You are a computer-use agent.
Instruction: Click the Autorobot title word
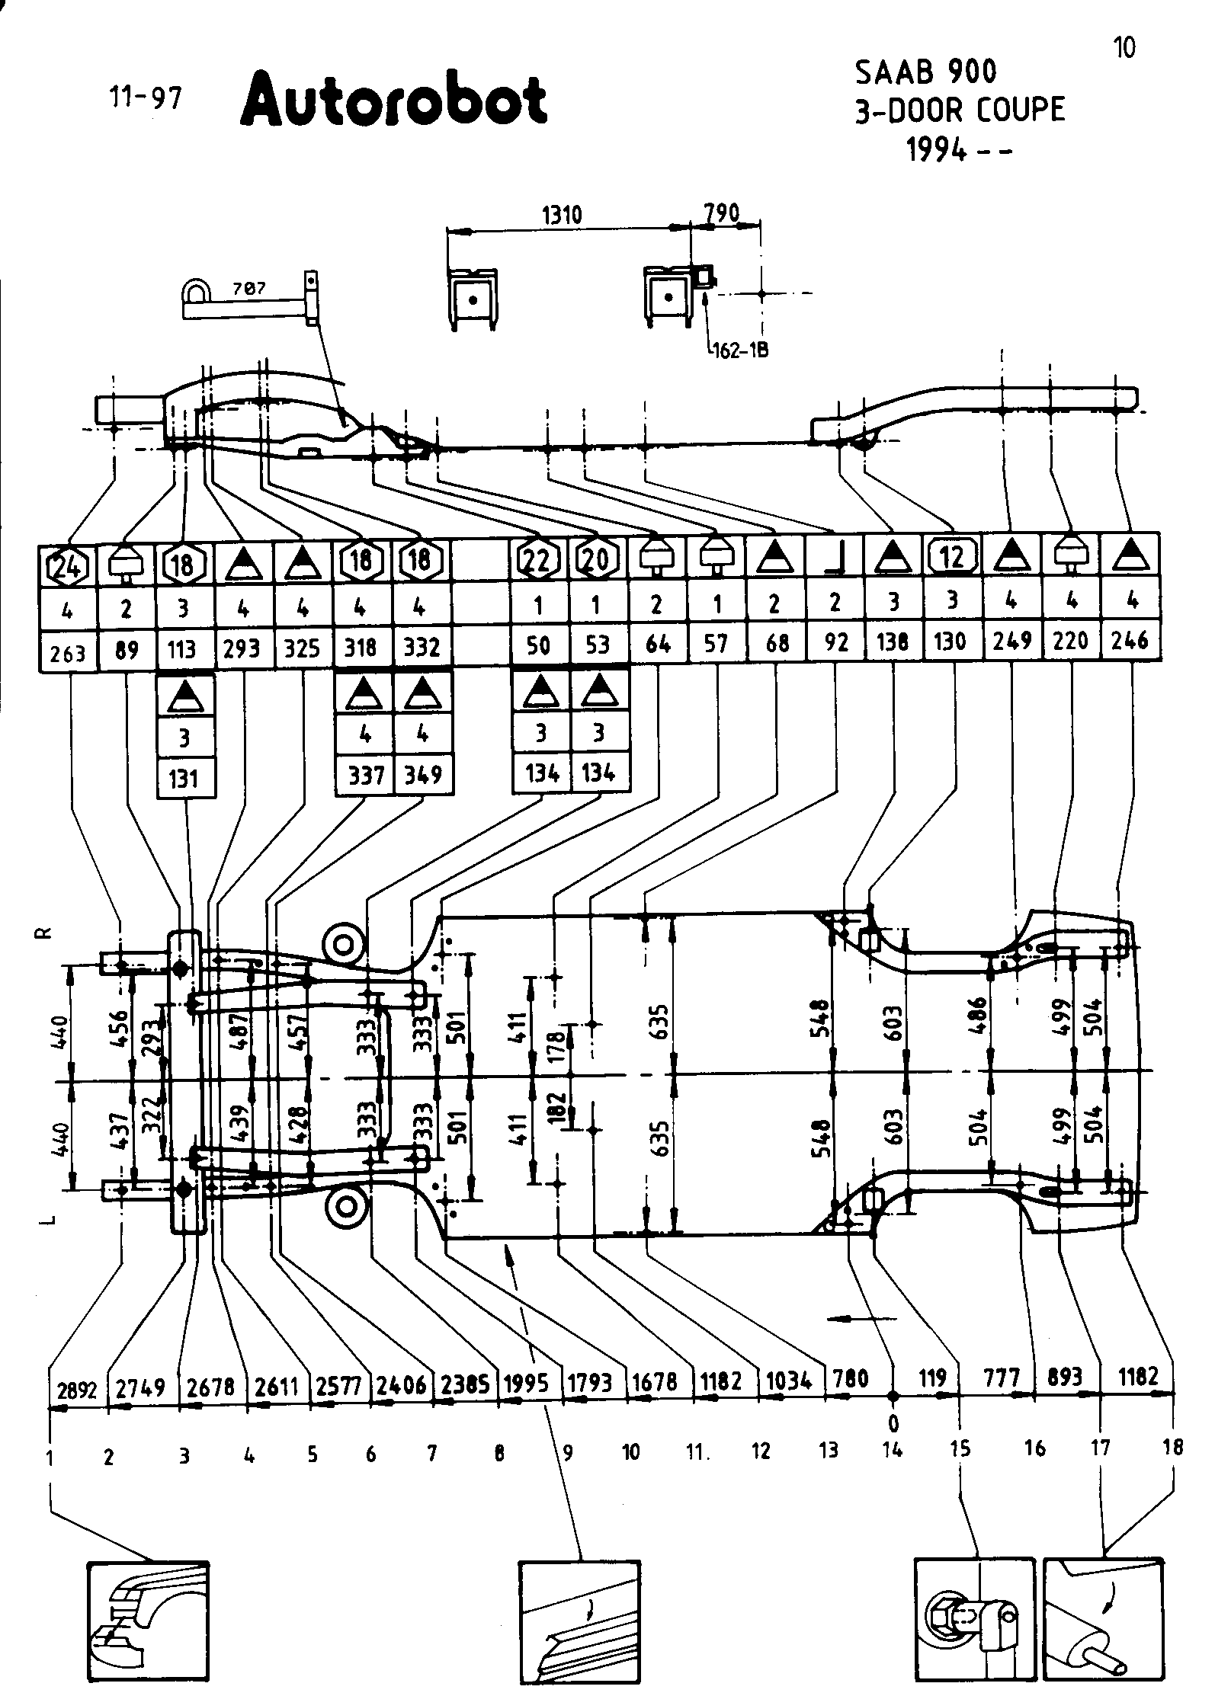[x=393, y=99]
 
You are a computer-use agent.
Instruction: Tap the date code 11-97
[x=146, y=98]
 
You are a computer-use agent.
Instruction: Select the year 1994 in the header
[x=936, y=151]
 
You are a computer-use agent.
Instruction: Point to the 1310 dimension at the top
[x=562, y=216]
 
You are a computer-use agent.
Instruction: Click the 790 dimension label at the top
[x=721, y=213]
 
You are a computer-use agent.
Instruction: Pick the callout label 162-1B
[x=740, y=351]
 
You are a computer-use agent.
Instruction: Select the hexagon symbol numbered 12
[x=953, y=558]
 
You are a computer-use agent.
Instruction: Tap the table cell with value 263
[x=68, y=653]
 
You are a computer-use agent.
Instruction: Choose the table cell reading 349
[x=423, y=775]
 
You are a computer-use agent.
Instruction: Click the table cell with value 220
[x=1070, y=641]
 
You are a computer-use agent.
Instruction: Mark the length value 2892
[x=77, y=1390]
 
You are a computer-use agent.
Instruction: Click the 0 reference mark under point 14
[x=893, y=1422]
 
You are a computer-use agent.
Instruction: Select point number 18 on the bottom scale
[x=1172, y=1447]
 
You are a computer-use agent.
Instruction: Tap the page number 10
[x=1124, y=48]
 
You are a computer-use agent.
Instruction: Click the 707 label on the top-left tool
[x=248, y=289]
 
